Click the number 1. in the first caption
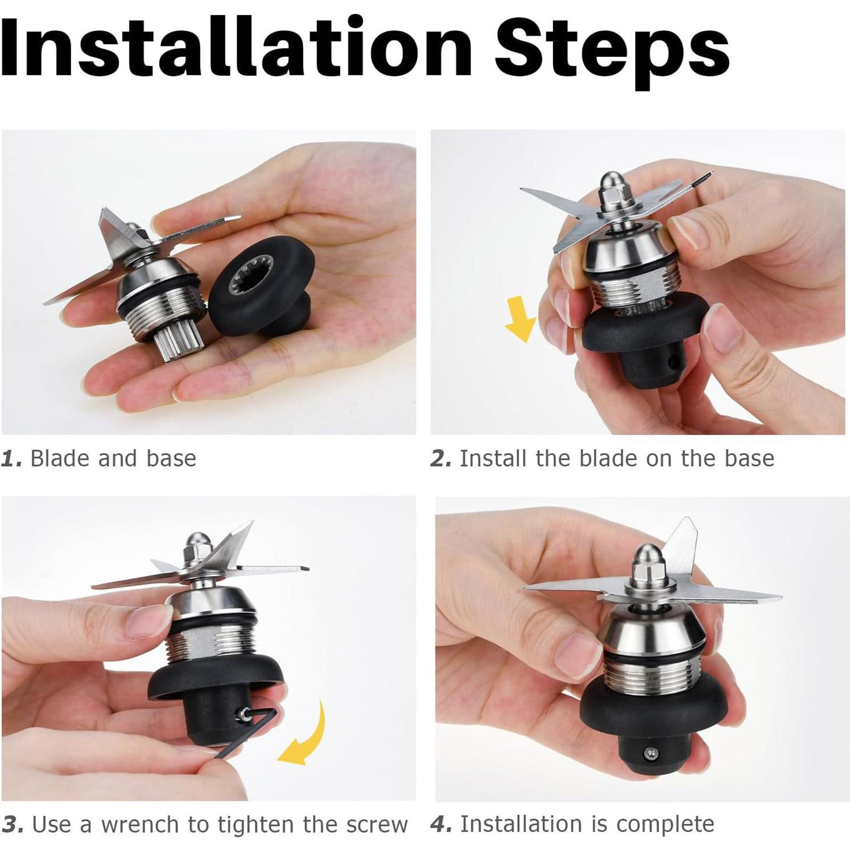click(12, 458)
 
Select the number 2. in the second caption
click(441, 458)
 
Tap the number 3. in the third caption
click(13, 825)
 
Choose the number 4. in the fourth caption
click(441, 824)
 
